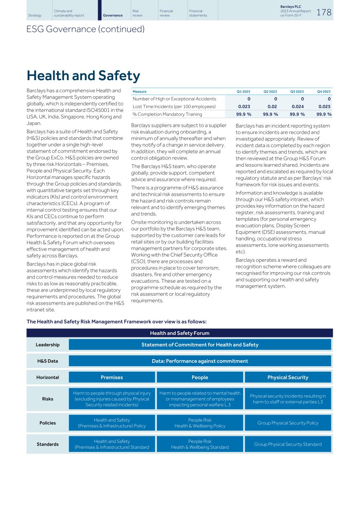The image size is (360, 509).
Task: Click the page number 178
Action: click(x=324, y=12)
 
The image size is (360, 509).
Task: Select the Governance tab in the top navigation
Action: click(x=112, y=15)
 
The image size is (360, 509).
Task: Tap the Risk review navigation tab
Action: click(x=137, y=13)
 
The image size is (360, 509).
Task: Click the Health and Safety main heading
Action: click(x=83, y=76)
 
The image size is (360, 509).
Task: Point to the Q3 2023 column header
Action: click(x=297, y=91)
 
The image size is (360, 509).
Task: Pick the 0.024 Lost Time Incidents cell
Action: click(x=297, y=107)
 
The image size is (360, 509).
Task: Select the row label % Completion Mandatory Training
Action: click(x=167, y=114)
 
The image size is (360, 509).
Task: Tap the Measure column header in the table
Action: click(x=140, y=91)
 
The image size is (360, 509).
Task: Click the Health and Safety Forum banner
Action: click(x=179, y=333)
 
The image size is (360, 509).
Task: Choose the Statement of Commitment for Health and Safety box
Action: click(x=200, y=345)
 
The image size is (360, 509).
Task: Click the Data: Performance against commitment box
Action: click(x=200, y=361)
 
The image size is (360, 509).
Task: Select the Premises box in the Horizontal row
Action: click(x=112, y=377)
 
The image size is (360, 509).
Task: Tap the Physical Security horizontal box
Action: click(x=288, y=377)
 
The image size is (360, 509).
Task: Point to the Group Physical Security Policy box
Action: click(x=288, y=423)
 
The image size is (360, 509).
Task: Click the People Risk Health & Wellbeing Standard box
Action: click(x=200, y=444)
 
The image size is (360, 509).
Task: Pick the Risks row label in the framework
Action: click(x=47, y=399)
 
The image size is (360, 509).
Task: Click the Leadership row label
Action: click(x=47, y=345)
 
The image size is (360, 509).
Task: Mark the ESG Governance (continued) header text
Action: click(x=85, y=29)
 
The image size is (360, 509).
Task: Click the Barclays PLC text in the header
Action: click(x=291, y=7)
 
